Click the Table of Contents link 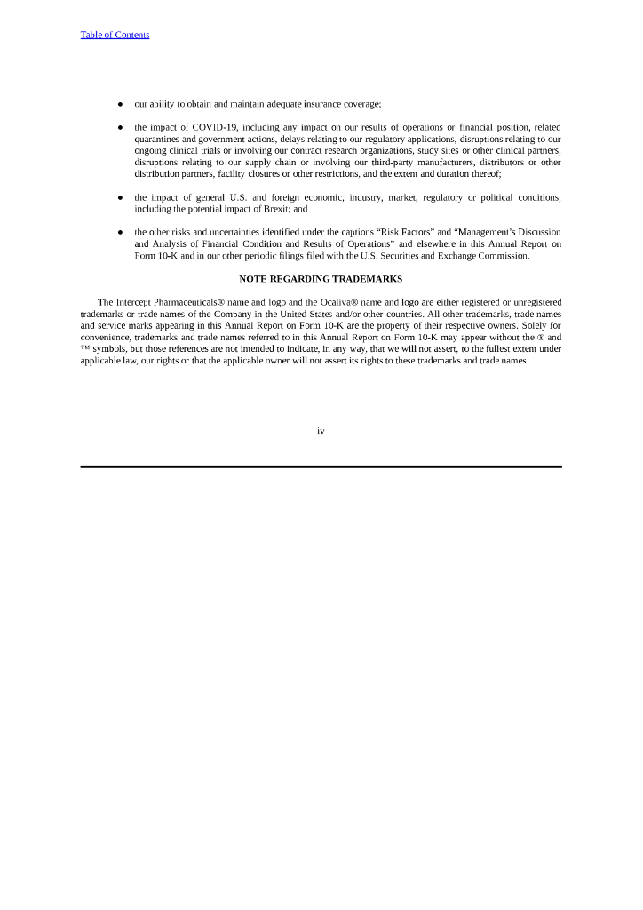tap(115, 35)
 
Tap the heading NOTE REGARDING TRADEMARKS tap(321, 279)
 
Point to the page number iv tap(321, 431)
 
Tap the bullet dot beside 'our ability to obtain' tap(119, 105)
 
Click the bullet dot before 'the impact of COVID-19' tap(119, 128)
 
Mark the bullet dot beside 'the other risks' tap(119, 233)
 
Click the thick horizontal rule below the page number tap(321, 467)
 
